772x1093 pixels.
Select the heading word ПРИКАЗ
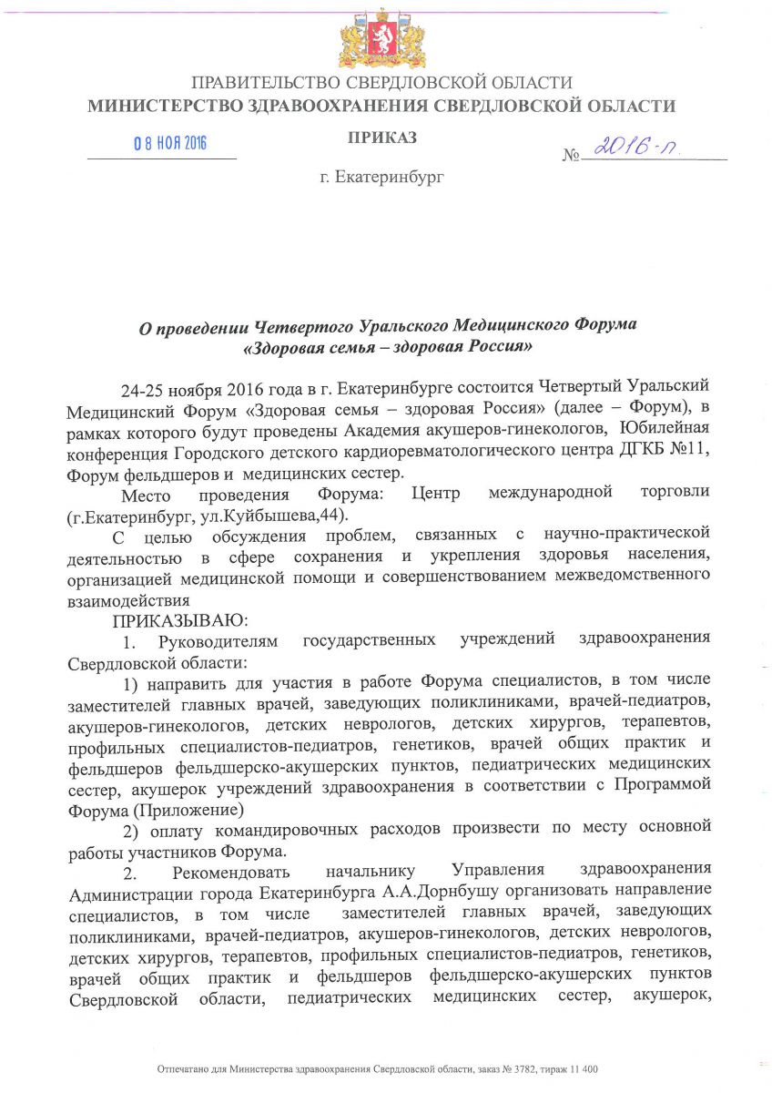[382, 138]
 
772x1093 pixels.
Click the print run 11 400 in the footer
[583, 1068]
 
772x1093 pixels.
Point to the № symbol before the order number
[571, 156]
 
